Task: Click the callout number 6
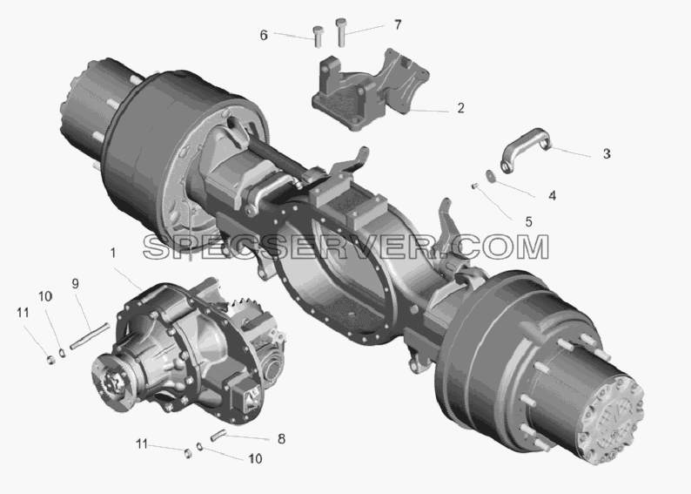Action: coord(264,35)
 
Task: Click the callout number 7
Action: coord(398,25)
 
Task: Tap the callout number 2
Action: coord(460,108)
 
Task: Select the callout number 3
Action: coord(607,154)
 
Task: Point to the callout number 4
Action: coord(552,195)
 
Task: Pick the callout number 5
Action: coord(529,222)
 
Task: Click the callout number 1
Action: coord(113,253)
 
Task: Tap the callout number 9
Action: coord(76,284)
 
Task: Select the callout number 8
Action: coord(281,439)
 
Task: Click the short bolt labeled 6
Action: coord(318,37)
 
